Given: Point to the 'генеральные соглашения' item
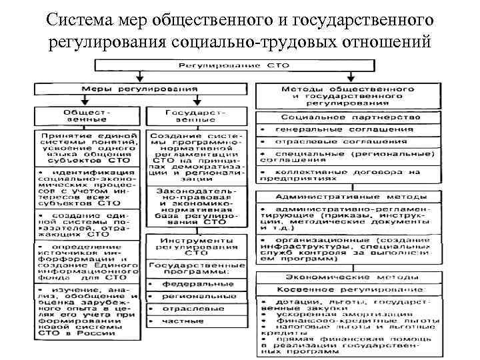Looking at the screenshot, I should pyautogui.click(x=347, y=129).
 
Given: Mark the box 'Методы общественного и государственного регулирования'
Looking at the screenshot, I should pyautogui.click(x=347, y=95).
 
